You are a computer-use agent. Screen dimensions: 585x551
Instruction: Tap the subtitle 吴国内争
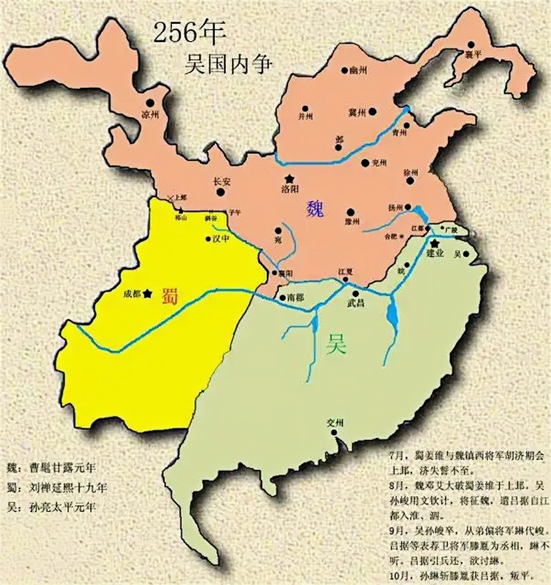pos(227,63)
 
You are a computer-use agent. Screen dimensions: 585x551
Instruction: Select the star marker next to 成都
pos(148,293)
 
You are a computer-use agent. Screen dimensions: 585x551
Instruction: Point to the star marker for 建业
pos(435,243)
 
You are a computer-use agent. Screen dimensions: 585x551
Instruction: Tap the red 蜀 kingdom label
pos(170,295)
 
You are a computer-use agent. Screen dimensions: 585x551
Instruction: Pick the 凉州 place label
pos(149,115)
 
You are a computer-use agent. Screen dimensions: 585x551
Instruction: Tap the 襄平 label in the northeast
pos(473,54)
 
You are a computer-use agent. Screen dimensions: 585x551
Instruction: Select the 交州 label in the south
pos(336,423)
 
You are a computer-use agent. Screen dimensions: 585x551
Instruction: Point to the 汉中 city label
pos(220,239)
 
